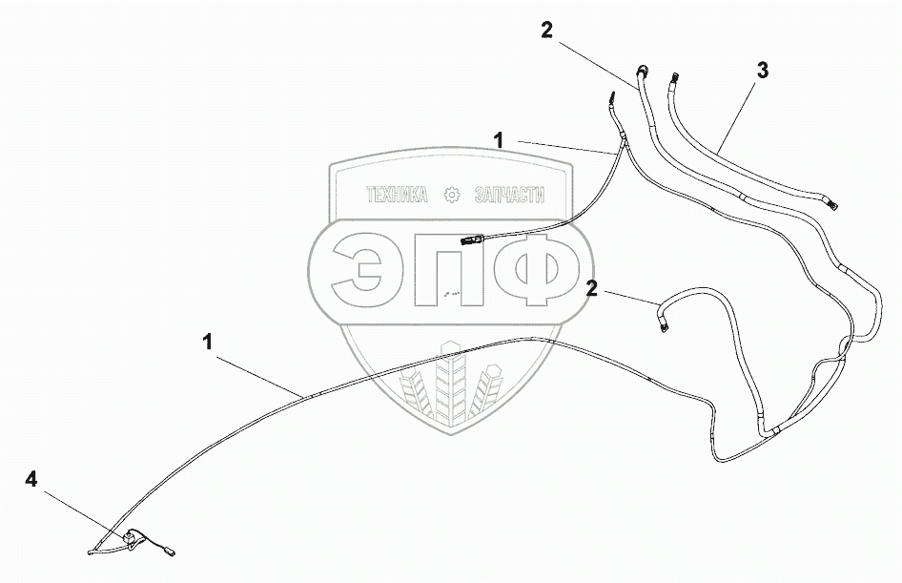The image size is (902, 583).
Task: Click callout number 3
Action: coord(763,70)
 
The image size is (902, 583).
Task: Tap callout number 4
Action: coord(32,480)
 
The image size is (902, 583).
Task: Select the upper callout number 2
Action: coord(545,30)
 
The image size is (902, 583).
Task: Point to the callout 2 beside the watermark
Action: coord(592,288)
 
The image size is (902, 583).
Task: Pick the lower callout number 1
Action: coord(208,341)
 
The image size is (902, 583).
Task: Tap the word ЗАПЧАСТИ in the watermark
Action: coord(507,195)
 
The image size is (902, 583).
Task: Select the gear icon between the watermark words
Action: coord(452,195)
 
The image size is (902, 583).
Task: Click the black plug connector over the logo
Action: coord(472,240)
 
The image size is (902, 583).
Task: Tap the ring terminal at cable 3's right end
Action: coord(832,201)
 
